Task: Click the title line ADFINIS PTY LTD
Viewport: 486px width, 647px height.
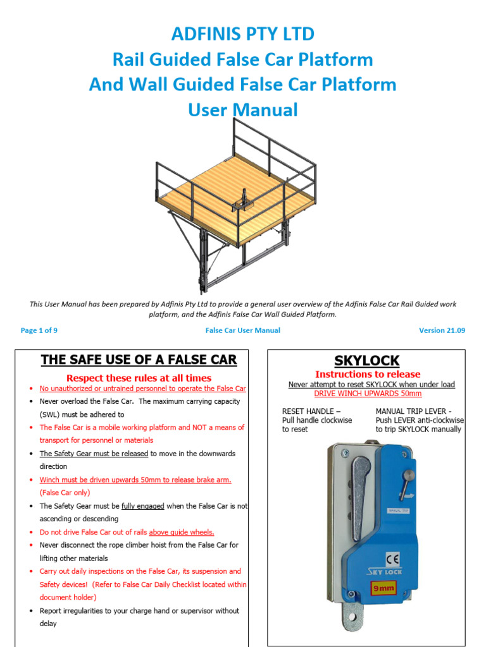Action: tap(242, 33)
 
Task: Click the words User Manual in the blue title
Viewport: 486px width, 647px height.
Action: tap(242, 110)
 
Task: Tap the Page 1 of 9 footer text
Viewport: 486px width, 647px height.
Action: tap(39, 330)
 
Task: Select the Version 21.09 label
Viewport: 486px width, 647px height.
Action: tap(442, 330)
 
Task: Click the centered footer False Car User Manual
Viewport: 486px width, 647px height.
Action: tap(242, 330)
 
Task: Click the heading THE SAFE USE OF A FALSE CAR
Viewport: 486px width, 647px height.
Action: tap(139, 360)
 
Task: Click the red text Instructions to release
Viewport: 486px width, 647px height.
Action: tap(367, 374)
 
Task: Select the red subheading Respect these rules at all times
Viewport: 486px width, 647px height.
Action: tap(139, 378)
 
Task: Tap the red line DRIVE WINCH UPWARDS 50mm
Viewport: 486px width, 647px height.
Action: tap(367, 394)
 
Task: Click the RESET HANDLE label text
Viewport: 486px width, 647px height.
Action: tap(308, 411)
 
